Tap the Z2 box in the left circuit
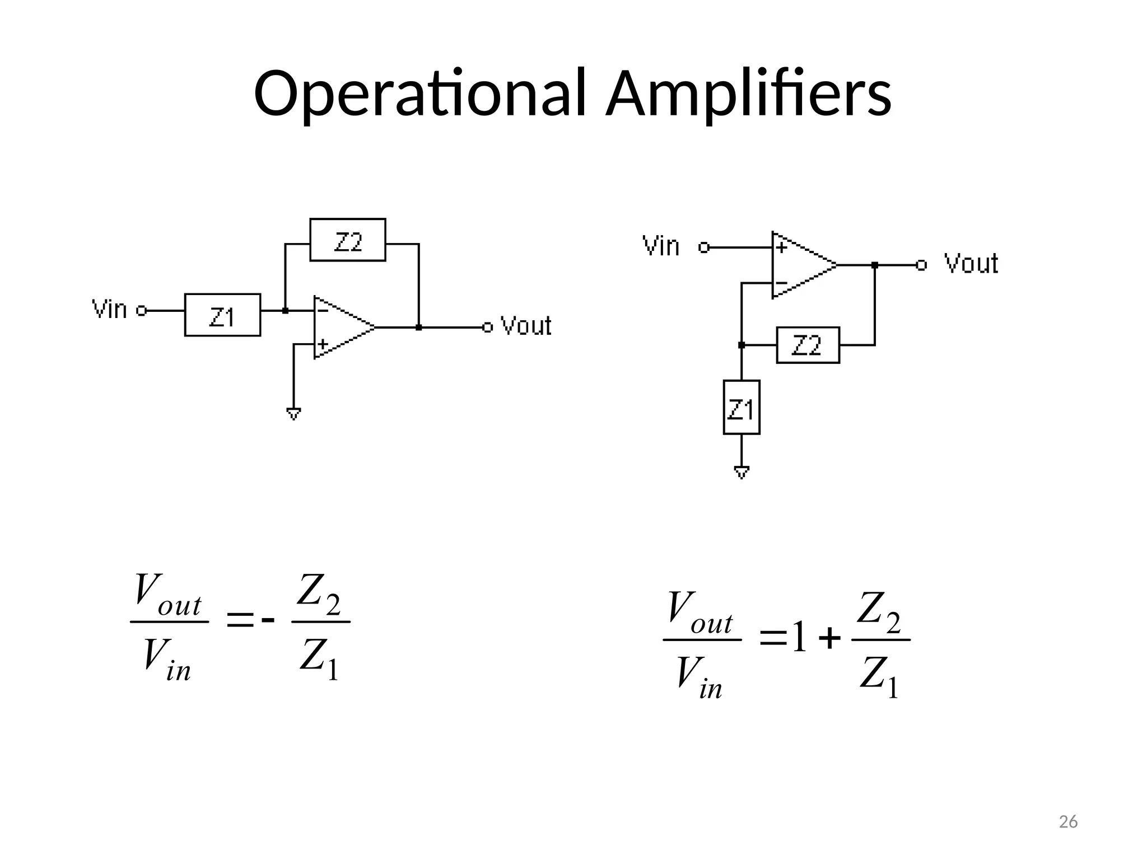coord(348,240)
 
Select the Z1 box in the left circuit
coord(222,315)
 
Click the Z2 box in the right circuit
coord(808,345)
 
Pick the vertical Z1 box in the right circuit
coord(742,408)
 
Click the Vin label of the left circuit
coord(110,310)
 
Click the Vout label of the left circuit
coord(525,326)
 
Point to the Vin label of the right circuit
coord(661,246)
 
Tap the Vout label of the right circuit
coord(971,264)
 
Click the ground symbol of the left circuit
coord(293,414)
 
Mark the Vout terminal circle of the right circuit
coord(921,265)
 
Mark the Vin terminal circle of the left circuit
coord(142,310)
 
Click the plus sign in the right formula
coord(829,639)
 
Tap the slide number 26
coord(1068,822)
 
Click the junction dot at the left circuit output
coord(419,328)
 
